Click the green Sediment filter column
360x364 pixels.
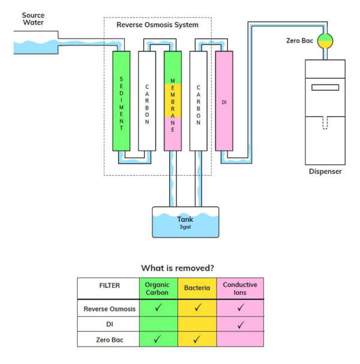pos(121,101)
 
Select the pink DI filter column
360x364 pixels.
pos(224,101)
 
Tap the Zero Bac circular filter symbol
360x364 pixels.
pos(325,41)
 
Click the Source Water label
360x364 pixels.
pos(34,19)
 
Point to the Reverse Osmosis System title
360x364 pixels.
pos(158,25)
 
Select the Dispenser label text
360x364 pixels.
pos(325,172)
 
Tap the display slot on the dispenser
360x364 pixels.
pos(325,88)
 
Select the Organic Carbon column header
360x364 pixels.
pos(157,288)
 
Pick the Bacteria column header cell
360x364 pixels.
pos(197,288)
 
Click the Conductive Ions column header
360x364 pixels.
pos(240,288)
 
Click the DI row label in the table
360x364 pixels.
pos(108,324)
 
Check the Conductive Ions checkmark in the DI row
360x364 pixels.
pos(240,324)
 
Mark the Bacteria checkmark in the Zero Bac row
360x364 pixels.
pos(197,339)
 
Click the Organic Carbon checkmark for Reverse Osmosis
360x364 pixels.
pos(157,308)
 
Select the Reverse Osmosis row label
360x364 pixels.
pos(108,308)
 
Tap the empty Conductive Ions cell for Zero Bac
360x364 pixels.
pos(240,339)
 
